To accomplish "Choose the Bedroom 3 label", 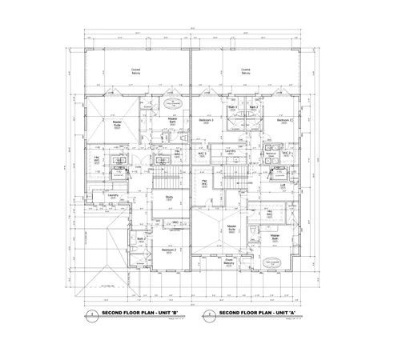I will pos(168,250).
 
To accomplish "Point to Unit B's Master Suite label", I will pos(117,124).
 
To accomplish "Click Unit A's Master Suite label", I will pos(231,228).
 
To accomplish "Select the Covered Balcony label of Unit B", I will pos(137,71).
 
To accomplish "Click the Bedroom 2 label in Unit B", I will pos(205,122).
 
